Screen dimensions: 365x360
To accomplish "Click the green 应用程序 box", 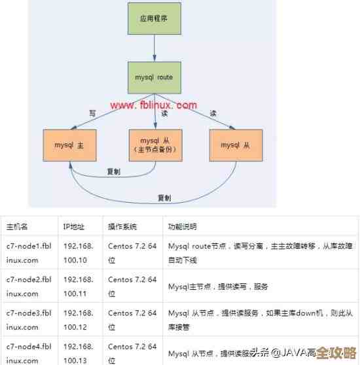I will (154, 18).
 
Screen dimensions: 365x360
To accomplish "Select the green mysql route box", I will (154, 77).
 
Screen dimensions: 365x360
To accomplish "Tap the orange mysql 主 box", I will (69, 145).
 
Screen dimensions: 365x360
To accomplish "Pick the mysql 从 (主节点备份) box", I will (154, 145).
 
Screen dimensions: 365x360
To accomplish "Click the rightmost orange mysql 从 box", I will (235, 145).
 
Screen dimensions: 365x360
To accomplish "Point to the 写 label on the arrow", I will (92, 113).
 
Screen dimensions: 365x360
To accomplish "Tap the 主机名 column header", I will (17, 226).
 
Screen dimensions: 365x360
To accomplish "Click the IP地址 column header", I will (74, 226).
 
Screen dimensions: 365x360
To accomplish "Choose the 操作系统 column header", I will (122, 226).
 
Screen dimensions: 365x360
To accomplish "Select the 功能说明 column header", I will (183, 226).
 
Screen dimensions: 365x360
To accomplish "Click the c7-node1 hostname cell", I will (29, 253).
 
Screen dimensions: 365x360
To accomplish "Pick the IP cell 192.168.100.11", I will (79, 286).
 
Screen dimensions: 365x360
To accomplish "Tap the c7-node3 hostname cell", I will (29, 319).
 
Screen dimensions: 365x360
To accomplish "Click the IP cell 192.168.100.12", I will (79, 319).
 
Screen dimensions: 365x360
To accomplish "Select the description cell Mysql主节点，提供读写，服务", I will (218, 287).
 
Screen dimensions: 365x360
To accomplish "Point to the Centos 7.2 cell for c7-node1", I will (132, 253).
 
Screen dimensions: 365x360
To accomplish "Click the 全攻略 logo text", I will (336, 353).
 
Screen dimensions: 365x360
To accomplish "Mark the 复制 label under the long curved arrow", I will (164, 198).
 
